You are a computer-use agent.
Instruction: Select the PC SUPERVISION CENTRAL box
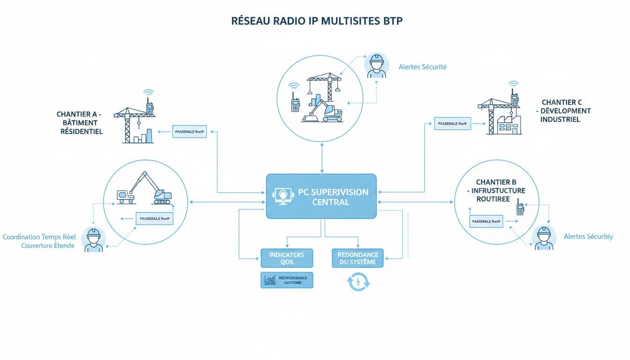point(321,196)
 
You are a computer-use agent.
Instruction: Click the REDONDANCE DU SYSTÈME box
point(358,258)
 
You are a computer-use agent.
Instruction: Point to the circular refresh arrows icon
point(358,282)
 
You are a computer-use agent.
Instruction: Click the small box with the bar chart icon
point(286,280)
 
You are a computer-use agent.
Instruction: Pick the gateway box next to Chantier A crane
point(189,132)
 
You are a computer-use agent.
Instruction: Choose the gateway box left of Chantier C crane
point(452,124)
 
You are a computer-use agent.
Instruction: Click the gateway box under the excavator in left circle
point(154,218)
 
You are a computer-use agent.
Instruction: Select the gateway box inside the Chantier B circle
point(486,221)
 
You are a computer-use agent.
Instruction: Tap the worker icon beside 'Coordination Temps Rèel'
point(94,240)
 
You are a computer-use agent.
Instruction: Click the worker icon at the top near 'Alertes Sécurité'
point(376,66)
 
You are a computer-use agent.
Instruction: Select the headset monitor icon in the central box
point(282,196)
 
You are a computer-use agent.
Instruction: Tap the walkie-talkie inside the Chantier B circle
point(520,209)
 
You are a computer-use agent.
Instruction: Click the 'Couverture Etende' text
point(48,246)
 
